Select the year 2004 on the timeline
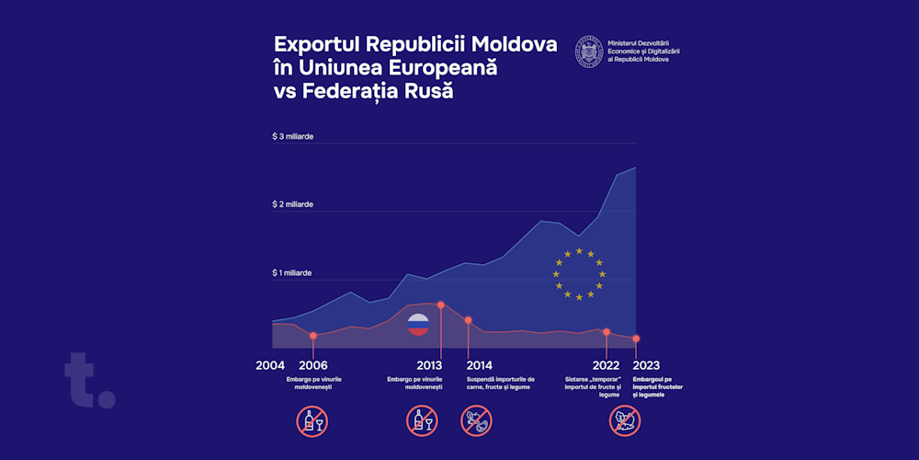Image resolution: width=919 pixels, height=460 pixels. pyautogui.click(x=270, y=365)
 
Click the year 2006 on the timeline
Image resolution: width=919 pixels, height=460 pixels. pyautogui.click(x=313, y=365)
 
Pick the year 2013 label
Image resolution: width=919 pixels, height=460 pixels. pyautogui.click(x=429, y=365)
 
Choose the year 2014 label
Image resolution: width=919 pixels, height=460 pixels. pyautogui.click(x=479, y=365)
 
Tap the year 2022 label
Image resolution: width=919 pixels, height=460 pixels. pyautogui.click(x=607, y=365)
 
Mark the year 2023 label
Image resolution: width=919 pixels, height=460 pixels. pyautogui.click(x=646, y=365)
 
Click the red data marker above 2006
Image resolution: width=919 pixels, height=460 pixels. pyautogui.click(x=313, y=336)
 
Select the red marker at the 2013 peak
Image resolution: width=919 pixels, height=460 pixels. pyautogui.click(x=441, y=305)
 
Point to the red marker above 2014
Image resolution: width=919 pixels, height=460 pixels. pyautogui.click(x=468, y=320)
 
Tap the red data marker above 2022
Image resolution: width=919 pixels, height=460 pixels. pyautogui.click(x=607, y=331)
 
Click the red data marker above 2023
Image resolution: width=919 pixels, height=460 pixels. pyautogui.click(x=636, y=339)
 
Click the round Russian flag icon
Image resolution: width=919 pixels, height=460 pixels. pyautogui.click(x=418, y=324)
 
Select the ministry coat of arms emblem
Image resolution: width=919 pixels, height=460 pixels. pyautogui.click(x=588, y=52)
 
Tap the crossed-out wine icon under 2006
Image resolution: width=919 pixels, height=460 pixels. pyautogui.click(x=312, y=421)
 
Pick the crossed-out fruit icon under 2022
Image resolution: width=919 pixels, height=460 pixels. pyautogui.click(x=625, y=421)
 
